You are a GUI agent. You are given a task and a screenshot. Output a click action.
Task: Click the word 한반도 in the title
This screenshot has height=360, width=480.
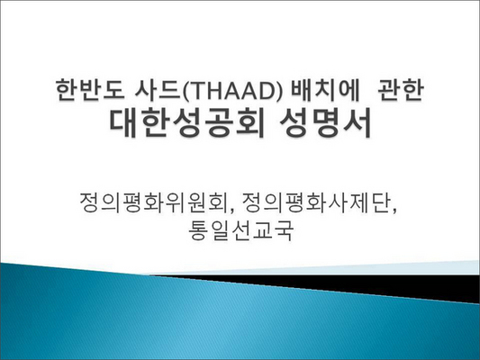[x=90, y=90]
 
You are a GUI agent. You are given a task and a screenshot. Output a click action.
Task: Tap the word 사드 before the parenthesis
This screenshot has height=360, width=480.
[x=158, y=90]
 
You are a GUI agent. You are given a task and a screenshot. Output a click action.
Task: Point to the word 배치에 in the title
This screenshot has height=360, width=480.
[x=324, y=90]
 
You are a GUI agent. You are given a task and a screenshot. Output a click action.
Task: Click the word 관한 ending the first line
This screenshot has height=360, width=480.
[x=401, y=90]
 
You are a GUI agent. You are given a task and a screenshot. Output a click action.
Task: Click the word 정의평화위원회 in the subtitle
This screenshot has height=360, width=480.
[x=153, y=202]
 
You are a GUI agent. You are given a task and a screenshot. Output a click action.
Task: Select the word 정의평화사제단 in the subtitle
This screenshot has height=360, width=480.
[x=315, y=202]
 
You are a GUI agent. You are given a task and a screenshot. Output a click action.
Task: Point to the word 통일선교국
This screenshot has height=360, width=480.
[x=240, y=230]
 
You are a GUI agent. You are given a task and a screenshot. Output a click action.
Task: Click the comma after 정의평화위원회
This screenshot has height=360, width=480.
[x=231, y=211]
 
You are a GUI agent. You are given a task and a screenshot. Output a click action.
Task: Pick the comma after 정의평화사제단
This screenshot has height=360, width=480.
[x=394, y=211]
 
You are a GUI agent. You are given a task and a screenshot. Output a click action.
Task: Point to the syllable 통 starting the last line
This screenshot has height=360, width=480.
[x=198, y=230]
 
